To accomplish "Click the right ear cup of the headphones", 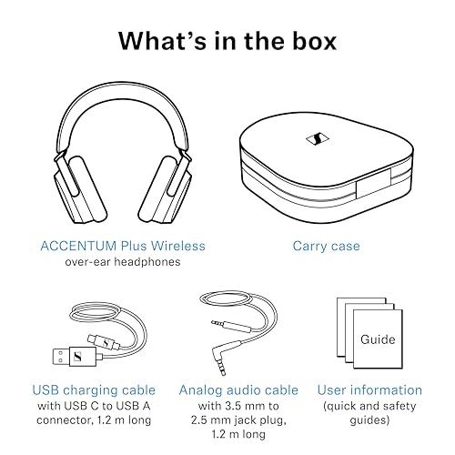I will [x=174, y=186].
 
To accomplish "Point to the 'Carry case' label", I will [x=326, y=246].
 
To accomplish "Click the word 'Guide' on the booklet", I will [x=377, y=340].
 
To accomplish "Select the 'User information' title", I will [x=369, y=390].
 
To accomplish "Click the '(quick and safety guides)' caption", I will [x=369, y=415].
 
